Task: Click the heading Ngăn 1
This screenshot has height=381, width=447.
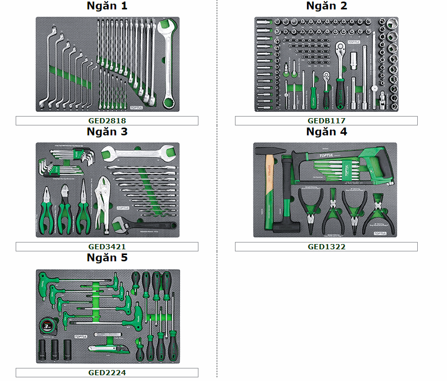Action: (x=107, y=6)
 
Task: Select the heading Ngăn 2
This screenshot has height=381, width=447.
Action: (x=326, y=6)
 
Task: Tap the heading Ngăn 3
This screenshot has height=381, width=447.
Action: (x=107, y=132)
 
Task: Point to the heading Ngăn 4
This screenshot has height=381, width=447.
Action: (x=326, y=132)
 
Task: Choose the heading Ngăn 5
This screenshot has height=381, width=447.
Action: (x=107, y=258)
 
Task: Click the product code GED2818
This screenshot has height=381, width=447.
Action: (x=107, y=121)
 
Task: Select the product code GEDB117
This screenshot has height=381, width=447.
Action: (x=326, y=121)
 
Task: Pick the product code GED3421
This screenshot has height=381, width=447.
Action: (x=107, y=247)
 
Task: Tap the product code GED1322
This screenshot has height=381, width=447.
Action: (x=326, y=247)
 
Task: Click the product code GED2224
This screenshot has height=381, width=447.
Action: (x=107, y=373)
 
